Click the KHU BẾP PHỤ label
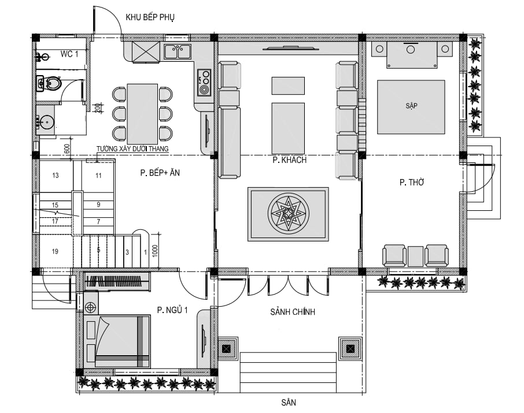pos(150,17)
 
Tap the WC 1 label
pos(69,54)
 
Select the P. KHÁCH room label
pos(289,160)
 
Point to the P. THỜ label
pos(412,183)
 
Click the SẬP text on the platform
pos(411,106)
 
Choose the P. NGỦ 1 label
pos(172,310)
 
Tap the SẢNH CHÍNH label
pos(293,312)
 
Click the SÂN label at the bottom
pos(289,403)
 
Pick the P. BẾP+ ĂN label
pos(160,173)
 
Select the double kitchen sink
pos(177,52)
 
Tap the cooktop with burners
pos(204,82)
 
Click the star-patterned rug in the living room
pos(288,214)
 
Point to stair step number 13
pos(56,175)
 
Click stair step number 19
pos(55,251)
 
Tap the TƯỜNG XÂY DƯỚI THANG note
pos(132,148)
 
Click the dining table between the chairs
pos(142,114)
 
